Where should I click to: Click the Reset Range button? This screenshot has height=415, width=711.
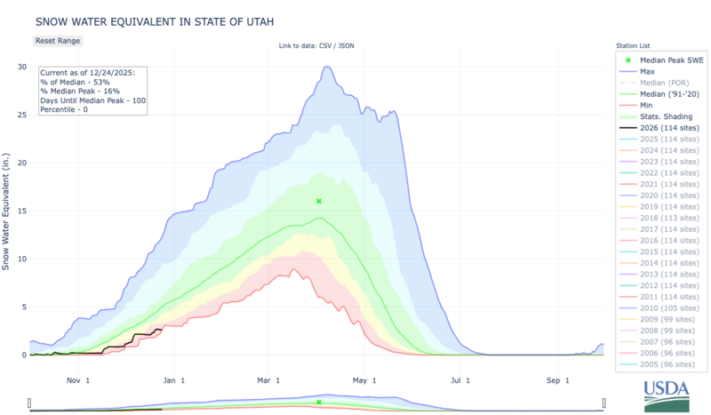tap(59, 41)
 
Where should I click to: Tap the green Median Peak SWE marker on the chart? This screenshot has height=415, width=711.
tap(318, 201)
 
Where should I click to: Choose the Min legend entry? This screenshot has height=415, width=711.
tap(647, 104)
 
